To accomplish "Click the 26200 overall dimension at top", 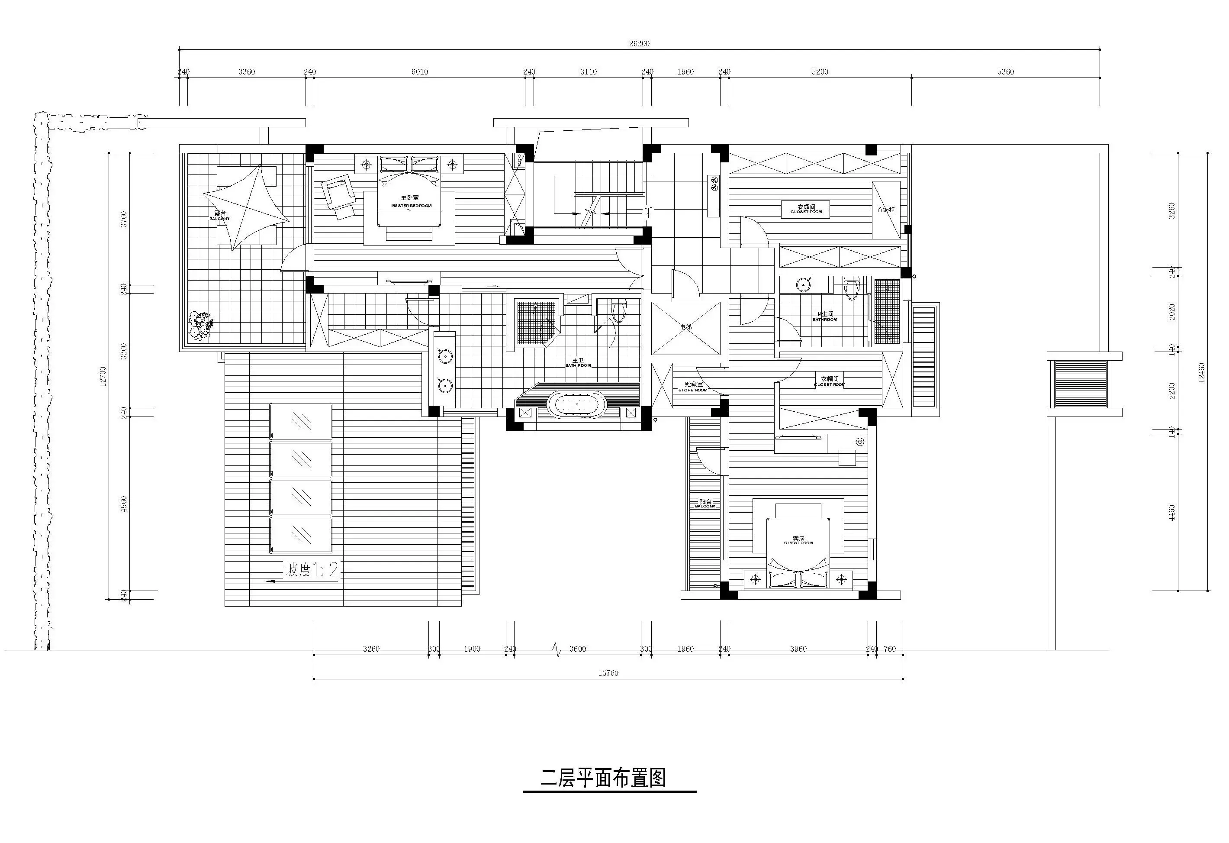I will pos(639,44).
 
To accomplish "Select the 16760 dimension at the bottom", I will pos(608,673).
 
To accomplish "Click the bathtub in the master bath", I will pos(577,405).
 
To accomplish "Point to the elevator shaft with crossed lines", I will pos(685,328).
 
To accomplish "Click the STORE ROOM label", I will pos(693,387).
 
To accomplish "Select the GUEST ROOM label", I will pos(798,541).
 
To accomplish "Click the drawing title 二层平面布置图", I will pos(603,778).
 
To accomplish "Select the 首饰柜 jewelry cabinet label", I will pos(885,210).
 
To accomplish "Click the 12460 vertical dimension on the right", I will pos(1201,372).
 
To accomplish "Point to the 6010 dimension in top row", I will pos(419,72).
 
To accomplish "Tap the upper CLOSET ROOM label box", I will pos(806,210).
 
